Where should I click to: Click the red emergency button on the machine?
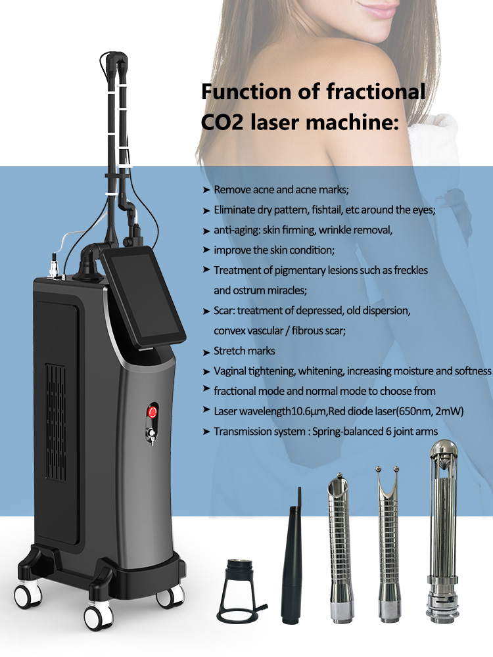coord(153,413)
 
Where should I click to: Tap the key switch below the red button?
coord(153,434)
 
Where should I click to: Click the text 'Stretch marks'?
coord(245,351)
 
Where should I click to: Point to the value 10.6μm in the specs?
coord(327,411)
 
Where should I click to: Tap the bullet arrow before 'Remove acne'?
coord(206,190)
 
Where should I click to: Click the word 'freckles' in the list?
coord(407,270)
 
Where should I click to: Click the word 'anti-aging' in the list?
coord(235,230)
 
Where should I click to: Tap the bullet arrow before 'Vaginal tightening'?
coord(206,371)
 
